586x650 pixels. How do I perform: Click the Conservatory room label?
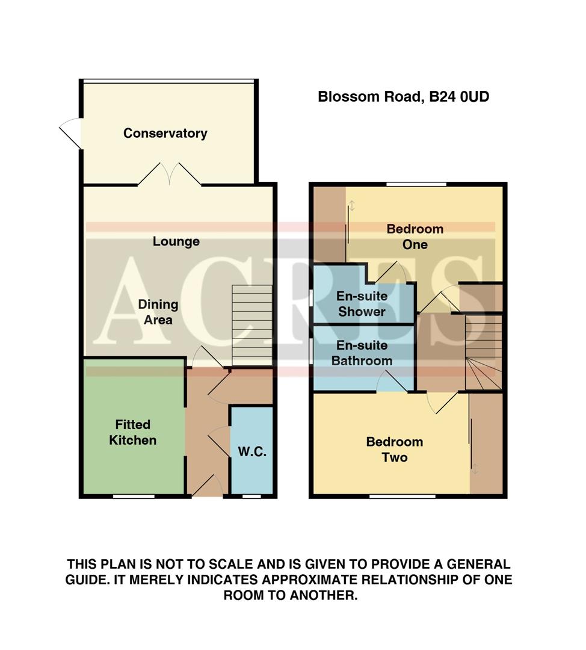tap(165, 133)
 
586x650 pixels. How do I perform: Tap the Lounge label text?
tap(176, 241)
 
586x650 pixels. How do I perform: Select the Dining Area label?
tap(158, 312)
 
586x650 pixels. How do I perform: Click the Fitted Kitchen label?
tap(132, 432)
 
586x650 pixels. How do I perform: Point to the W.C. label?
tap(252, 452)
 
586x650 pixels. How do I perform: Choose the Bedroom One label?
tap(415, 237)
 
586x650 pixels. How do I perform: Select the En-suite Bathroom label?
tap(362, 353)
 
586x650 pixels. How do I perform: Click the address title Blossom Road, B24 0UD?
tap(403, 96)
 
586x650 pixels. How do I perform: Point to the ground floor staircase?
tap(251, 325)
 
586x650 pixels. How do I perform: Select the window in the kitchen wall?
tap(133, 497)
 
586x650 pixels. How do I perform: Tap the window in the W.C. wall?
tap(251, 497)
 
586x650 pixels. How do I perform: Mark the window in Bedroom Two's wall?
tap(402, 497)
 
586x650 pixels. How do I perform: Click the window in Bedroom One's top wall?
tap(416, 184)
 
